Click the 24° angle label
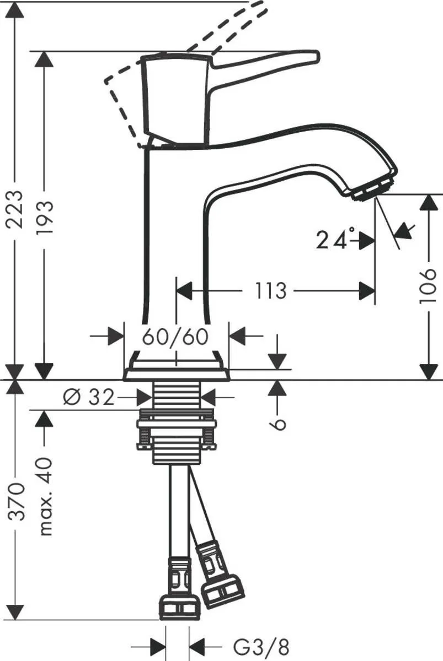[x=333, y=240]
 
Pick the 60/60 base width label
[x=176, y=336]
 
